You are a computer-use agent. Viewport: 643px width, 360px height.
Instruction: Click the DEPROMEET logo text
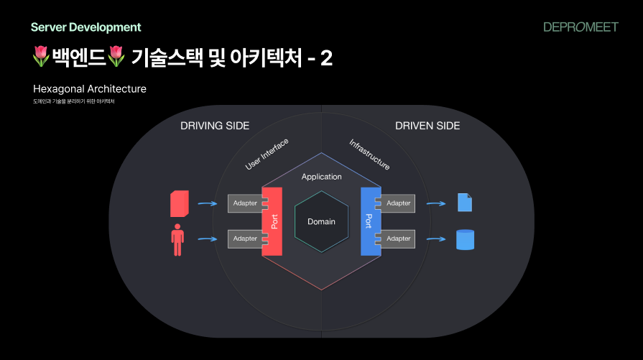click(x=580, y=27)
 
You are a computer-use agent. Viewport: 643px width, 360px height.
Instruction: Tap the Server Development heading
click(x=86, y=27)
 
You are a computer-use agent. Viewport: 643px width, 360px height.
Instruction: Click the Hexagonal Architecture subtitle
click(x=90, y=89)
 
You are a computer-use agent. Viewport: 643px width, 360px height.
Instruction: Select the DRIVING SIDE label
click(x=215, y=126)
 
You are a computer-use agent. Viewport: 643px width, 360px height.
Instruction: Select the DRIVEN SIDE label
click(x=427, y=126)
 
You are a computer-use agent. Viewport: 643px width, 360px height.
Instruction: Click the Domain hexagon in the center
click(x=321, y=221)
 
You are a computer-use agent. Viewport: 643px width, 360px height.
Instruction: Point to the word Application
click(x=321, y=177)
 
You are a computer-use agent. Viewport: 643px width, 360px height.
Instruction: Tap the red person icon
click(x=178, y=240)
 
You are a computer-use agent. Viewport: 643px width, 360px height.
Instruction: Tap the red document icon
click(x=180, y=203)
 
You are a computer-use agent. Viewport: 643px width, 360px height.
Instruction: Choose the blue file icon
click(x=465, y=203)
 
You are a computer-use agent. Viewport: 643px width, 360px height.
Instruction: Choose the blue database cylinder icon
click(x=466, y=239)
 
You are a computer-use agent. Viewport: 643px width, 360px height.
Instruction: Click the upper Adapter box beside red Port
click(x=245, y=203)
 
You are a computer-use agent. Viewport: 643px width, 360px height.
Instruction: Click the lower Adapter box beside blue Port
click(x=399, y=239)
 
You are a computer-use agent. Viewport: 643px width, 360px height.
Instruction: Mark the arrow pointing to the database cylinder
click(x=436, y=239)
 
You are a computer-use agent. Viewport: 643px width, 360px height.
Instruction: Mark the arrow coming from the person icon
click(x=207, y=239)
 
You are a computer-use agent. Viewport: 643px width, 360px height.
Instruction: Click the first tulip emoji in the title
click(x=42, y=57)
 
